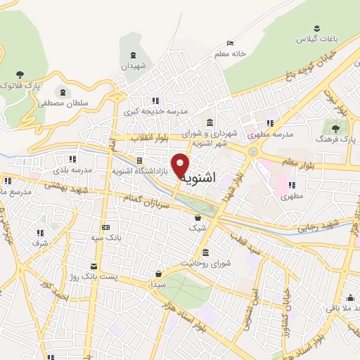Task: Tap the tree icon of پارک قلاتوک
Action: click(x=18, y=75)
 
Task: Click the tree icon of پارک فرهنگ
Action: click(x=335, y=129)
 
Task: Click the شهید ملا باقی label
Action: click(x=337, y=308)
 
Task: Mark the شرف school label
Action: click(x=39, y=243)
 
